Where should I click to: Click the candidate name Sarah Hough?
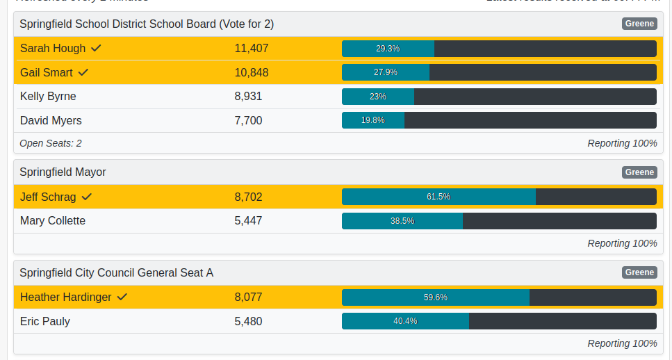53,49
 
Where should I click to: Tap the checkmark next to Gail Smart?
83,72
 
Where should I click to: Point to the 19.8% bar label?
372,120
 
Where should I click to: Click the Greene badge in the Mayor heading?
639,172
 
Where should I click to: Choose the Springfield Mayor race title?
63,172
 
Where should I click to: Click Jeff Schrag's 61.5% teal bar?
439,197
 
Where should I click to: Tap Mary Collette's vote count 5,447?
248,221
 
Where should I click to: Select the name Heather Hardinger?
65,297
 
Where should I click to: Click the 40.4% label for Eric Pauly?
405,321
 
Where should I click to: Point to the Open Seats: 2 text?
51,143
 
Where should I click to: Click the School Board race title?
147,24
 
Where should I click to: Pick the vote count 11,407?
251,49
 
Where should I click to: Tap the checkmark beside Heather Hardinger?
122,297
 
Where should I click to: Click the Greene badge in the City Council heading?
639,272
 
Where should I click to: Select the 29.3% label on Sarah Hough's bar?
388,49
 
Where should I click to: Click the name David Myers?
51,121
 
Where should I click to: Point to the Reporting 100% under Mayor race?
622,243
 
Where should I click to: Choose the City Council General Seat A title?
116,272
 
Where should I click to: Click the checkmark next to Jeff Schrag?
87,197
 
